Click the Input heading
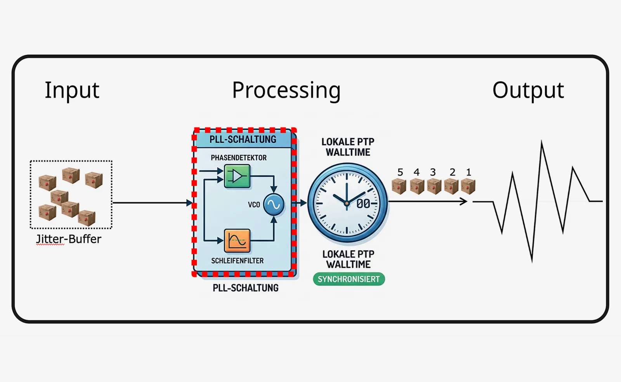(72, 90)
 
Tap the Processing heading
(286, 91)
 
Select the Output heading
(528, 91)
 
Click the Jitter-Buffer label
(68, 239)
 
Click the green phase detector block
(237, 176)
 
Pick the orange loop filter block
(237, 241)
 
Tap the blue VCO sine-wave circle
(274, 205)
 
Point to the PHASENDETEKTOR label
(239, 157)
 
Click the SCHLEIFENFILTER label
(237, 261)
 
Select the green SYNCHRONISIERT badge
(349, 279)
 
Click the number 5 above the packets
(400, 172)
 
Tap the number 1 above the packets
(468, 172)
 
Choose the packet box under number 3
(434, 186)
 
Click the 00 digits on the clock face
(363, 204)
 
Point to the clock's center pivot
(347, 203)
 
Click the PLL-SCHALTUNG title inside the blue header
(243, 139)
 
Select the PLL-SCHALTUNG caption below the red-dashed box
(246, 288)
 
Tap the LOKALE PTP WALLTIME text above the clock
(348, 147)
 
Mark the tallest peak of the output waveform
(542, 141)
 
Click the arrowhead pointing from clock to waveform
(464, 201)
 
